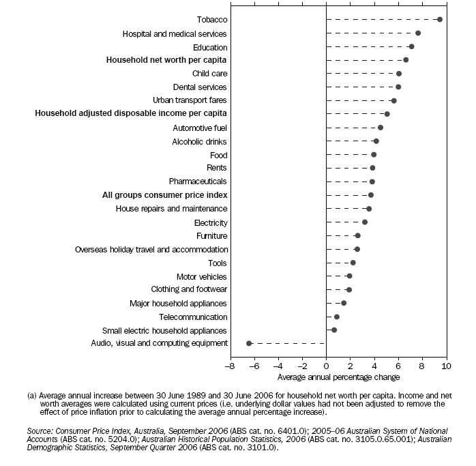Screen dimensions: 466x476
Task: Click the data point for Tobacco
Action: (439, 20)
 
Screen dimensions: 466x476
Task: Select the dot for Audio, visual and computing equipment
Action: (249, 343)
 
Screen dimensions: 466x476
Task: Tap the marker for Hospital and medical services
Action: (418, 33)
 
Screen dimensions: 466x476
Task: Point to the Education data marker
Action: (411, 46)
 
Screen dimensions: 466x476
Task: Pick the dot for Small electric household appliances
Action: (334, 330)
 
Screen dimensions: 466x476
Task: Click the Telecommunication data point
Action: (337, 317)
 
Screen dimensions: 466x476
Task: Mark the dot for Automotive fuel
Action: (381, 128)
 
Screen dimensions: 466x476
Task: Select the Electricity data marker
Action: (365, 222)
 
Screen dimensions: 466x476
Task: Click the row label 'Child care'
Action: (210, 74)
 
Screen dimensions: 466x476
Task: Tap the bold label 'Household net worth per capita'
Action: (166, 60)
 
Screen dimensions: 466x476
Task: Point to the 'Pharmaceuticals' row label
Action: (198, 181)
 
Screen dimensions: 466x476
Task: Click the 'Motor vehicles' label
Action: (202, 276)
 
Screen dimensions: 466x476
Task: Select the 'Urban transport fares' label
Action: (190, 100)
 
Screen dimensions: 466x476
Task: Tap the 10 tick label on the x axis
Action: (447, 367)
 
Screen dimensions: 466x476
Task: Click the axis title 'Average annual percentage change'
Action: (338, 377)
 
